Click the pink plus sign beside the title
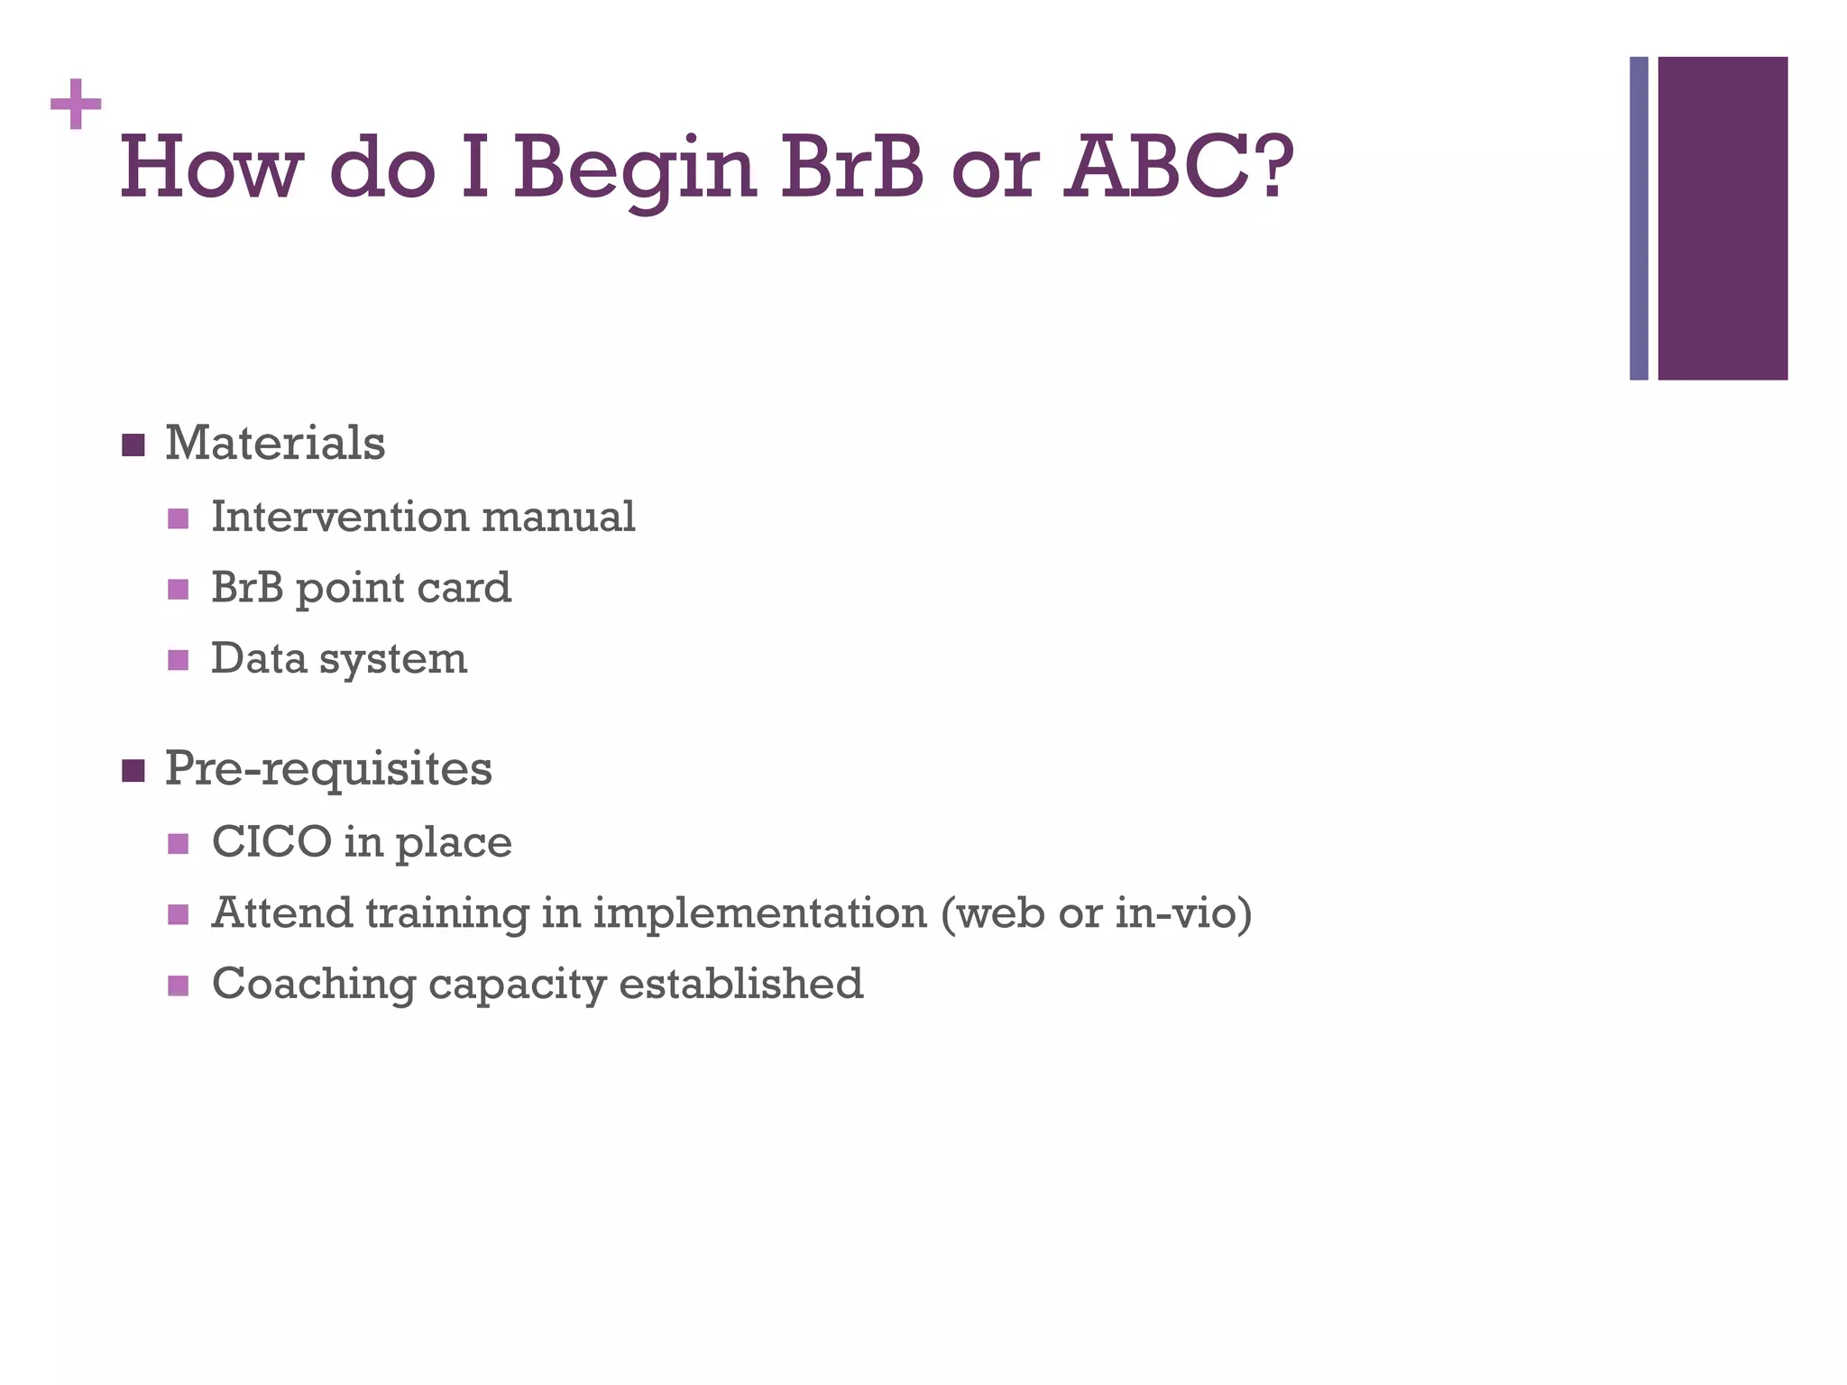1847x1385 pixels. point(76,105)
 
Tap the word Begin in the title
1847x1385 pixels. point(634,169)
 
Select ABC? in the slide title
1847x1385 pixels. point(1178,167)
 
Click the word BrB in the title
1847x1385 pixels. point(851,167)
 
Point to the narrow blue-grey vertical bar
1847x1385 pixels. point(1638,218)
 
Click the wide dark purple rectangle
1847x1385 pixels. point(1722,218)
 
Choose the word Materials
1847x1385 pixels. point(275,444)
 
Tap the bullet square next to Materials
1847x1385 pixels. point(133,445)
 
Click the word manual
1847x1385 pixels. point(558,518)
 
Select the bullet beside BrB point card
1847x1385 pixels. point(179,590)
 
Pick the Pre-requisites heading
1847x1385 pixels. point(328,769)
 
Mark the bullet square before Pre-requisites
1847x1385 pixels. point(133,771)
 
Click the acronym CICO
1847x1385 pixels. point(271,842)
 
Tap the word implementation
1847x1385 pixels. point(759,913)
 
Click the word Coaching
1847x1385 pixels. point(313,984)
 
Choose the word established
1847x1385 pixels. point(740,984)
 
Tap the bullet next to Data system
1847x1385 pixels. point(179,661)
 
